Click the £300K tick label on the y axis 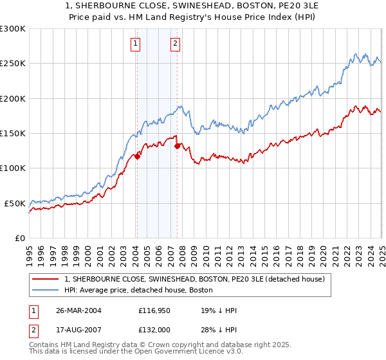pyautogui.click(x=13, y=29)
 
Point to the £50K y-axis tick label pyautogui.click(x=15, y=203)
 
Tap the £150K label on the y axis pyautogui.click(x=13, y=134)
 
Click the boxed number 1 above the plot pyautogui.click(x=136, y=44)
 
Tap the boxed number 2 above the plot pyautogui.click(x=176, y=44)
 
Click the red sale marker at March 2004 pyautogui.click(x=137, y=156)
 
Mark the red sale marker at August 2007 pyautogui.click(x=177, y=146)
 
